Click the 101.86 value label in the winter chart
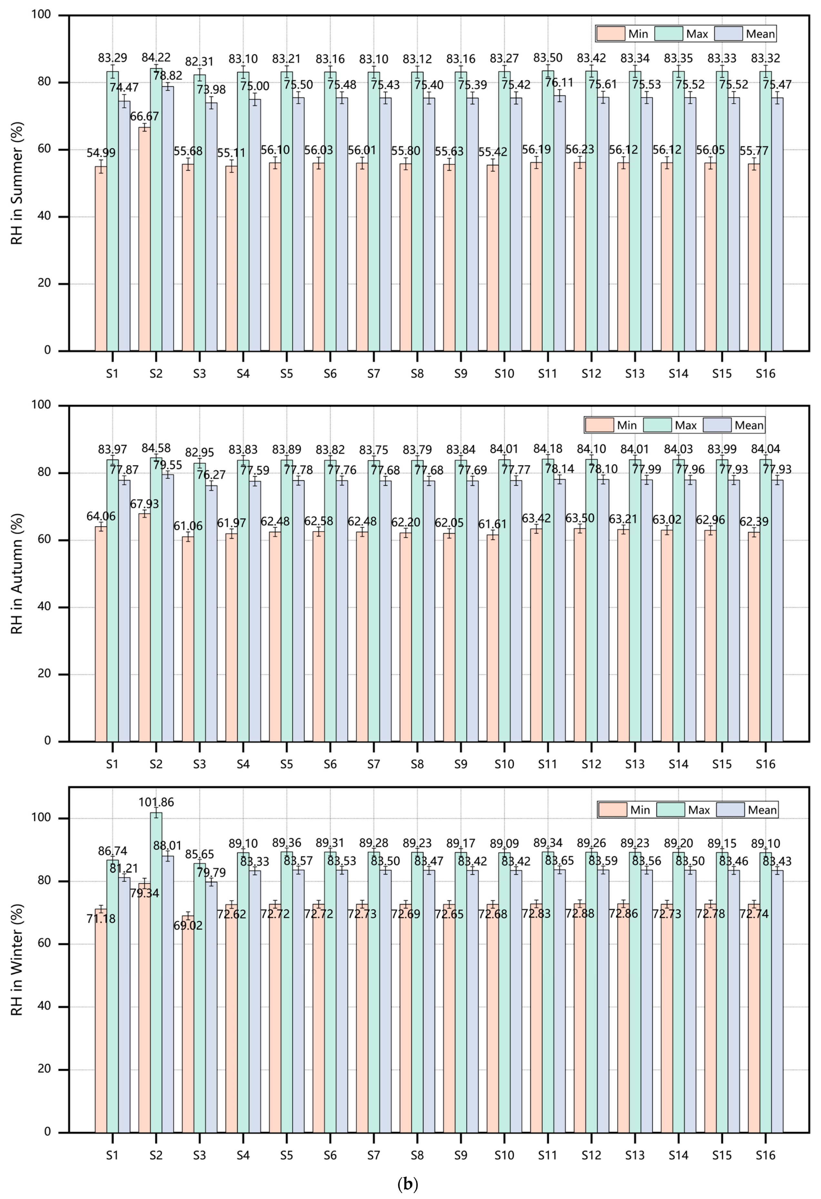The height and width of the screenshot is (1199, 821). point(156,802)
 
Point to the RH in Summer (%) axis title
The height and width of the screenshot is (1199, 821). point(17,183)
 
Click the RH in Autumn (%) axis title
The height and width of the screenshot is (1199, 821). point(17,573)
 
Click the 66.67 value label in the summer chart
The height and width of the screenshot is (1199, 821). point(144,117)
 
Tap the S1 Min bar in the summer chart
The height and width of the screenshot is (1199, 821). point(101,258)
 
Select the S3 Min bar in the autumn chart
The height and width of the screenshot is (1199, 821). point(188,640)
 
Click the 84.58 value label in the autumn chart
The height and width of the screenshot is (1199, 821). point(156,448)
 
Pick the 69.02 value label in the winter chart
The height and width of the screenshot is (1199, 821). point(188,925)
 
